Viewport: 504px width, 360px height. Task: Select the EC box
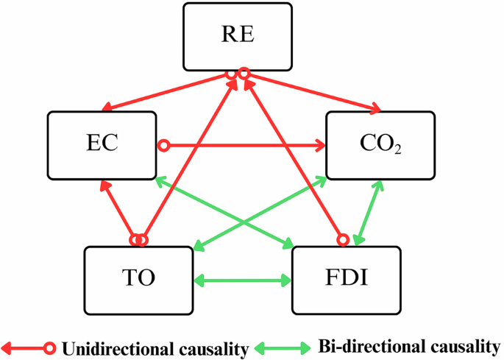102,144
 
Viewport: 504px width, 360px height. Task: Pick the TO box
138,280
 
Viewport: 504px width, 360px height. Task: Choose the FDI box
347,280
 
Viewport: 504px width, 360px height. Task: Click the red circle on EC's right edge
166,145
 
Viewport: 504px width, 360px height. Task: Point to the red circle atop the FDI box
341,239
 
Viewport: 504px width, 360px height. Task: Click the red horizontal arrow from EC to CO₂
243,145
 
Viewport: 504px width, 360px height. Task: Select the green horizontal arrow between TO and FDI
242,280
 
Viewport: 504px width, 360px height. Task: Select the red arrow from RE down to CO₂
313,93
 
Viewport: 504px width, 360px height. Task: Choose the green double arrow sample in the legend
283,346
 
